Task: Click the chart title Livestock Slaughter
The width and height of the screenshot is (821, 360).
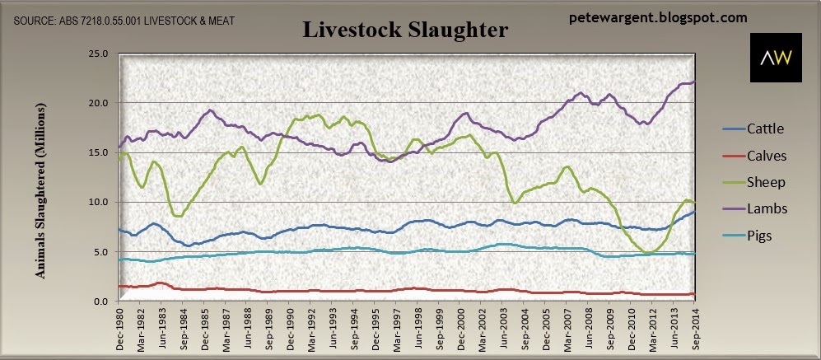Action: (x=405, y=30)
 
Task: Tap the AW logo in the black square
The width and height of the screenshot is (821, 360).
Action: (x=776, y=58)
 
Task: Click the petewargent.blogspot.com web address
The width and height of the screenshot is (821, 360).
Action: (x=658, y=18)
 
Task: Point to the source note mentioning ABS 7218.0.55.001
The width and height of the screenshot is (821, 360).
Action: (x=124, y=21)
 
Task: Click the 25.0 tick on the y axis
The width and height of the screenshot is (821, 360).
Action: (x=99, y=54)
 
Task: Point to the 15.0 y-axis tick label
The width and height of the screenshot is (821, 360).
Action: (x=99, y=152)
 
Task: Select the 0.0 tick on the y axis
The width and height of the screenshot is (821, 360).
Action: (x=100, y=302)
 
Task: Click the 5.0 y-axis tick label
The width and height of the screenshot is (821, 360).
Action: (x=100, y=252)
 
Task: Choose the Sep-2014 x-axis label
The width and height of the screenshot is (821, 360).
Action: (x=694, y=327)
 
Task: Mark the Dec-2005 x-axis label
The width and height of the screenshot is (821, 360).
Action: (x=545, y=327)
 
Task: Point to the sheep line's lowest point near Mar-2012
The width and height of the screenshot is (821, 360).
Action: (x=648, y=253)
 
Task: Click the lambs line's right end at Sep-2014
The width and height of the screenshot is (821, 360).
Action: (x=694, y=82)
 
